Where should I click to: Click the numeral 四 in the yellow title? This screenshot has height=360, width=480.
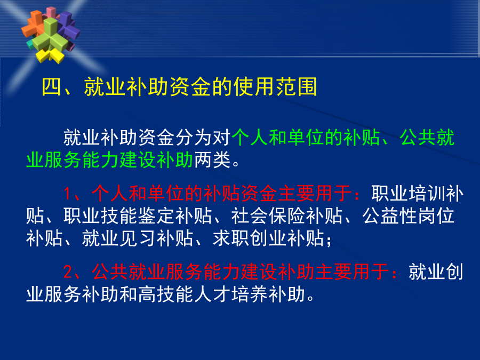51,86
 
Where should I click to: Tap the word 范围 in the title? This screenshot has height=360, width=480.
297,86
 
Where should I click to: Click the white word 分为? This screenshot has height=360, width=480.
194,138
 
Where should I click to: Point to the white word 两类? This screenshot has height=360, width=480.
212,160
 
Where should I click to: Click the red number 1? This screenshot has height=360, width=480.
68,194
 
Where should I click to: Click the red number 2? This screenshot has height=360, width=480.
68,271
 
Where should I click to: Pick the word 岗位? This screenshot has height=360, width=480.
436,216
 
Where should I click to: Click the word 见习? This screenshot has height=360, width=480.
138,238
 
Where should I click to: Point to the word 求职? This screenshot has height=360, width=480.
231,238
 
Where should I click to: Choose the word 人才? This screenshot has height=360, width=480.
212,294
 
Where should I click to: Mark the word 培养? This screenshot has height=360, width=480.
250,294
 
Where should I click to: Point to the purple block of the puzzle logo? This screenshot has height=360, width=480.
69,25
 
